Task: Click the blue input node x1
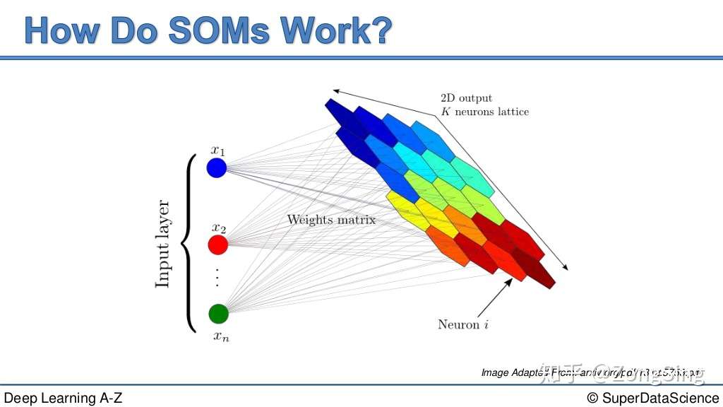216,168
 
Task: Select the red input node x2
217,244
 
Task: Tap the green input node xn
218,313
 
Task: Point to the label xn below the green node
221,336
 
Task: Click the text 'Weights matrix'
330,220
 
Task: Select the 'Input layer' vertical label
163,244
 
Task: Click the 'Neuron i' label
463,325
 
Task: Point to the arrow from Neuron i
494,297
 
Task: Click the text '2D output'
466,98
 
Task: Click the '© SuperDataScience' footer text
652,398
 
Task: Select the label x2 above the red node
218,228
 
